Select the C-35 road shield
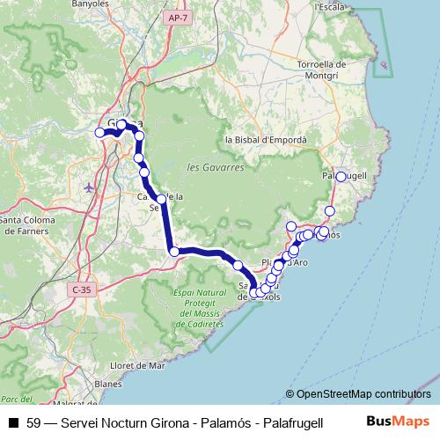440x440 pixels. (x=82, y=289)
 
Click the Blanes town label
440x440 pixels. (x=107, y=384)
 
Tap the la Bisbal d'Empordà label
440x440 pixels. (x=266, y=140)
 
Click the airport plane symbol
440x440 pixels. (x=88, y=187)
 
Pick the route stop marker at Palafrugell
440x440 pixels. (x=341, y=177)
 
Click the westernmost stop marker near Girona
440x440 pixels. (x=99, y=133)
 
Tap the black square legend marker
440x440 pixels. (x=13, y=422)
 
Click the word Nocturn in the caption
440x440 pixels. (x=128, y=422)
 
